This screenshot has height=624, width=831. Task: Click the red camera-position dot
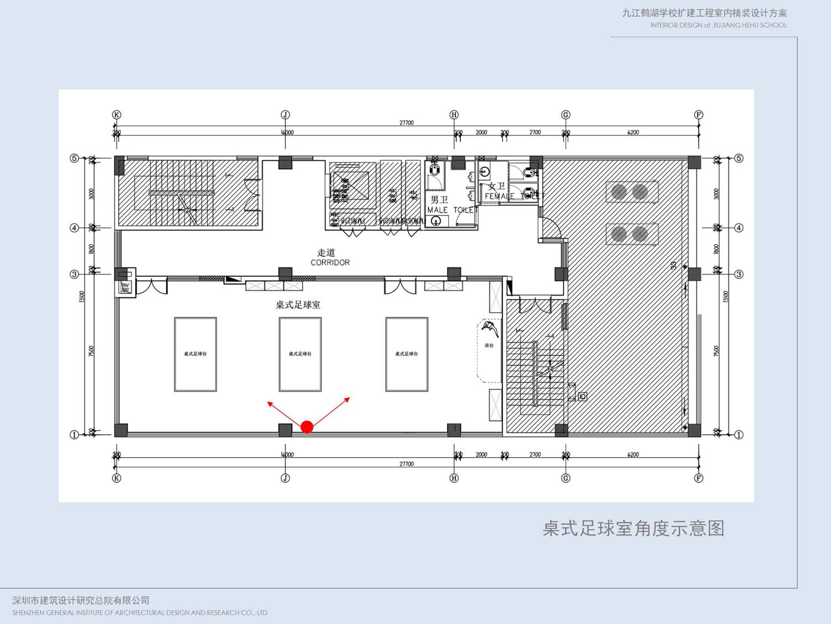point(307,427)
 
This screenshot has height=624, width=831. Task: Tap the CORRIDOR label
point(330,262)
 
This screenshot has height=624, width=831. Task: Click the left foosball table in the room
point(196,354)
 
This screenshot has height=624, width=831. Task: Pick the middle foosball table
point(300,354)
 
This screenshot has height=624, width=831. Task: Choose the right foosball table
point(407,354)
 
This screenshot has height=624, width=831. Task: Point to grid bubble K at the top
point(116,115)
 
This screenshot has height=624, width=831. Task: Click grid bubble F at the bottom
point(699,478)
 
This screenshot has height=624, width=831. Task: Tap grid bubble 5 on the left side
point(74,158)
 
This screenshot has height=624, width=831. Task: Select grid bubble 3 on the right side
point(738,274)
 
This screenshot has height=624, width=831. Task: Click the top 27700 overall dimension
point(407,123)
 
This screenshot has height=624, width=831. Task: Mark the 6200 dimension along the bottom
point(633,455)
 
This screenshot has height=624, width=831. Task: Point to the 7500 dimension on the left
point(91,351)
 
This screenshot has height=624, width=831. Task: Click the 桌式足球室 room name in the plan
point(298,305)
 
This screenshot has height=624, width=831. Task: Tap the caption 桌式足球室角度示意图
point(633,529)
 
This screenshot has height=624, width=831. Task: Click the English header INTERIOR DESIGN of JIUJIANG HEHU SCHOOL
point(719,25)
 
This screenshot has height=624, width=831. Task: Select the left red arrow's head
point(269,404)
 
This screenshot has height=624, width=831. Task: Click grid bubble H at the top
point(454,115)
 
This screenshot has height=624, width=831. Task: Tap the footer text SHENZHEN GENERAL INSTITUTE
point(140,613)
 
